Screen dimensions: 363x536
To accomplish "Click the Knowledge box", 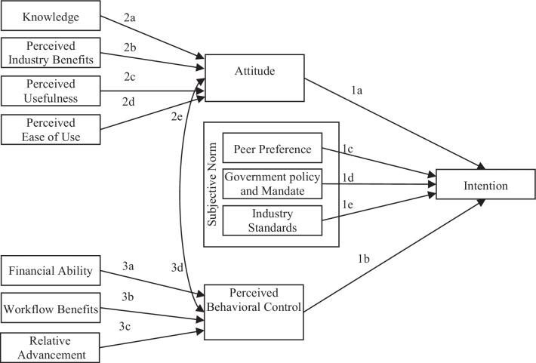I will coord(51,17).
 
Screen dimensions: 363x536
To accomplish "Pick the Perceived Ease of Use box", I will coord(51,128).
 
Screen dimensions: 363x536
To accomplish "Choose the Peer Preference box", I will coord(272,149).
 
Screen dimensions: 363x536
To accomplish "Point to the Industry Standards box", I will coord(272,220).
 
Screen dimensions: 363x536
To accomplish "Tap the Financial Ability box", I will coord(51,270).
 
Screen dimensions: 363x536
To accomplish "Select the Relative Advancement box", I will coord(51,346).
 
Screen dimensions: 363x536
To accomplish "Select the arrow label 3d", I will coord(177,266).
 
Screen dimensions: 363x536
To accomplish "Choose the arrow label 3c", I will coord(125,327).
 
